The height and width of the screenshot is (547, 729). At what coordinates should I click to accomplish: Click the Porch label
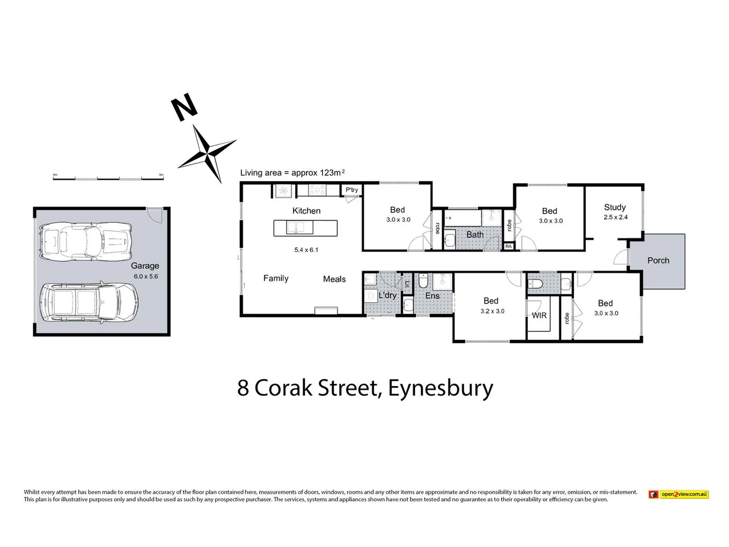tap(658, 260)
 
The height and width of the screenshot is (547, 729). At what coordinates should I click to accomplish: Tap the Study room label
tap(615, 207)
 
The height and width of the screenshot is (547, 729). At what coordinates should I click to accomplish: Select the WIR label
tap(539, 316)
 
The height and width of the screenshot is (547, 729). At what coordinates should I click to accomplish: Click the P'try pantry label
tap(352, 190)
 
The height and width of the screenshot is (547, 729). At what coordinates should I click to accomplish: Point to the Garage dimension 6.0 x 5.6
tap(146, 277)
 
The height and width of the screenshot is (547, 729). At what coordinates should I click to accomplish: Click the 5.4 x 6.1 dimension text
tap(306, 250)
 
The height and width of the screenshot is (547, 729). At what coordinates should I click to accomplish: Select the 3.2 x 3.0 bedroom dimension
tap(492, 311)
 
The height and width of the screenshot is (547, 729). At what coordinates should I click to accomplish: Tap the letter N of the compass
tap(184, 107)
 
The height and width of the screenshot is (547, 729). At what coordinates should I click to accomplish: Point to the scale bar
tap(108, 176)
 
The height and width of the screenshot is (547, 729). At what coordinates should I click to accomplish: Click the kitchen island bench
tap(305, 228)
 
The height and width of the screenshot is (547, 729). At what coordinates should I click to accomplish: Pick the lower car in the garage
tap(88, 302)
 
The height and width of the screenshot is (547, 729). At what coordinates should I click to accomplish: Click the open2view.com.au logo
tap(678, 494)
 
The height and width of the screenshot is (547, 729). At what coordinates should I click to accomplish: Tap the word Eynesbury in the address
tap(440, 388)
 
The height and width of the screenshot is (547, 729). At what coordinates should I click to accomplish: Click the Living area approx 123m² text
tap(292, 173)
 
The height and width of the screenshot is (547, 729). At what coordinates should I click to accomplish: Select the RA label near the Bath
tap(508, 247)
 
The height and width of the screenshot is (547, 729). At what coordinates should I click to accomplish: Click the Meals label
tap(334, 279)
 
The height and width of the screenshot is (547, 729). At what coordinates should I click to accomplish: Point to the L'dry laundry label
tap(387, 295)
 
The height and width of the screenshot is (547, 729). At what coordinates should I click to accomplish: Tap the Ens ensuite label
tap(432, 296)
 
